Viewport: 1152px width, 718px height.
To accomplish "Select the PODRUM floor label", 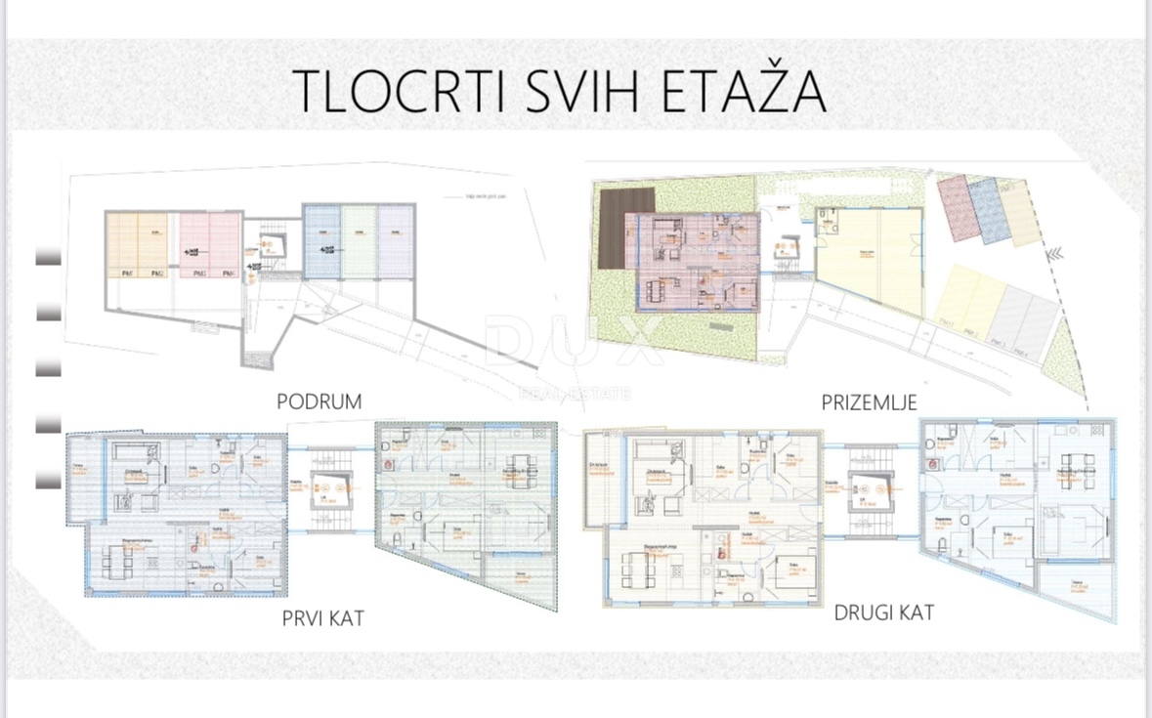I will point(319,401).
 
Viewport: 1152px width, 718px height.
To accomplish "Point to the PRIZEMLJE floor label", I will point(869,401).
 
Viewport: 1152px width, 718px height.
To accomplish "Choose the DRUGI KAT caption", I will point(883,612).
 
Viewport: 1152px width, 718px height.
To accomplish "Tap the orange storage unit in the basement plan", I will point(137,245).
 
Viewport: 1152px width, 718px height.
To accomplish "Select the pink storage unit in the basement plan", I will point(209,245).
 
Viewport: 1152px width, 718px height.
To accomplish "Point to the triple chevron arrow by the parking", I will point(1055,255).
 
